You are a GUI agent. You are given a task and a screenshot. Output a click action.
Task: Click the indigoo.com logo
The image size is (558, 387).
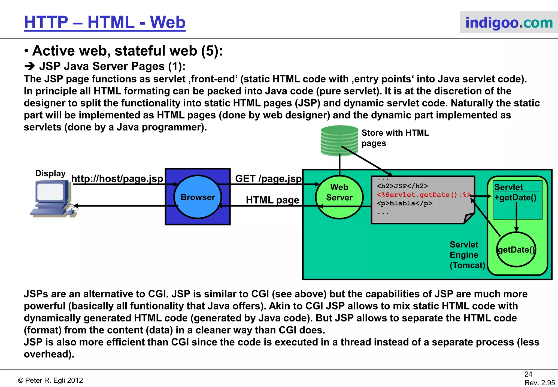pos(509,22)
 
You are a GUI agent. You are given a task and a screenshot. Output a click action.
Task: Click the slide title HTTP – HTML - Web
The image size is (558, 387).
pos(105,22)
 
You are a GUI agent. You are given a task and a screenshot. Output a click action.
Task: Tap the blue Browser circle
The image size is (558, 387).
pos(198,197)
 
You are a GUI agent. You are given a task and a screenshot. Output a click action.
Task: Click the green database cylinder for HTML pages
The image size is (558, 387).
pos(339,141)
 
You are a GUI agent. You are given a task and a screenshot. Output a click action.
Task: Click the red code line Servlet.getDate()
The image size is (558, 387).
pos(423,195)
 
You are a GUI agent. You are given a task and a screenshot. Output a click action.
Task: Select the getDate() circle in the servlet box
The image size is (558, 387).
pos(516,250)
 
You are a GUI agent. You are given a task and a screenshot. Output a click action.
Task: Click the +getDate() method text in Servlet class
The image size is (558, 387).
pos(515,198)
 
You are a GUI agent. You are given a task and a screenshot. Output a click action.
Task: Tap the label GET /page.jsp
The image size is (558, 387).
pos(268,179)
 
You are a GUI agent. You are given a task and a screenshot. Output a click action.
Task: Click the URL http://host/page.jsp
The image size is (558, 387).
pos(117,179)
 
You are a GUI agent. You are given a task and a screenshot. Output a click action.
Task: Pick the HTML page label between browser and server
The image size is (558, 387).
pos(272,200)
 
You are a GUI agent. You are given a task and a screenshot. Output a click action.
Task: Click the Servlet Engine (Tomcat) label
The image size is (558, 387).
pos(467,255)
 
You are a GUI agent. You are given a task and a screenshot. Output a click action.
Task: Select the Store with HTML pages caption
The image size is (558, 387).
pos(395,138)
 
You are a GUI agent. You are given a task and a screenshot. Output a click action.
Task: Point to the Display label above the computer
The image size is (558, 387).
pos(50,174)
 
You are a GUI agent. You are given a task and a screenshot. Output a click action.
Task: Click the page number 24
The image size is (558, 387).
pos(528,374)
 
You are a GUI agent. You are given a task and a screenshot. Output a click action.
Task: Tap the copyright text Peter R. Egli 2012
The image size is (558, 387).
pos(51,380)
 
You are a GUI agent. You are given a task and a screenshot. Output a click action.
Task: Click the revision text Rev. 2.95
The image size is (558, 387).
pos(539,383)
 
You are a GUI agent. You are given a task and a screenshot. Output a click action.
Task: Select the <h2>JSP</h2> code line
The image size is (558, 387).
pos(402,186)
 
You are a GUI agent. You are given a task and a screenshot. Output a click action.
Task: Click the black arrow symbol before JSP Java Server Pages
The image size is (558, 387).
pos(29,66)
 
